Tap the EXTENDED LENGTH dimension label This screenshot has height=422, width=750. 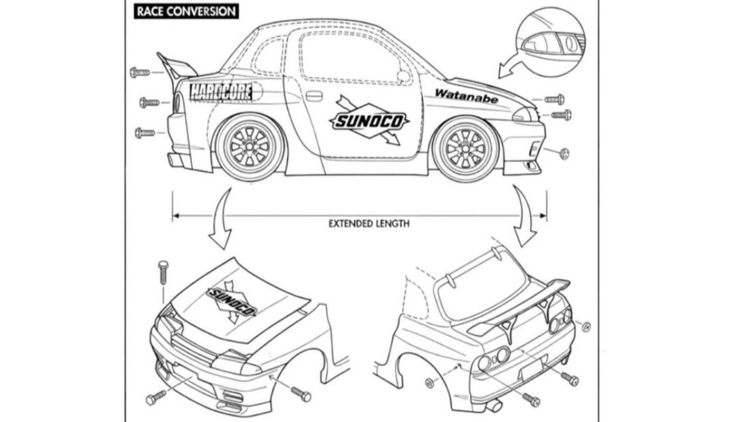[369, 223]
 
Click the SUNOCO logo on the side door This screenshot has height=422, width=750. [369, 121]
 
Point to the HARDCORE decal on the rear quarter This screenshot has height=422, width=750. [221, 93]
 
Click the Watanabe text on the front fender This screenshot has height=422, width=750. [466, 96]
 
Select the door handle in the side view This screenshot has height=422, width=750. [314, 96]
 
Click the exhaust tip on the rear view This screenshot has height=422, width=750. [494, 406]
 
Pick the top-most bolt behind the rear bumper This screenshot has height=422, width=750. [139, 73]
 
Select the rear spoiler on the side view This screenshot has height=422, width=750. [177, 67]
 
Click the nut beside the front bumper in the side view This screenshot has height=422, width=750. [564, 153]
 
